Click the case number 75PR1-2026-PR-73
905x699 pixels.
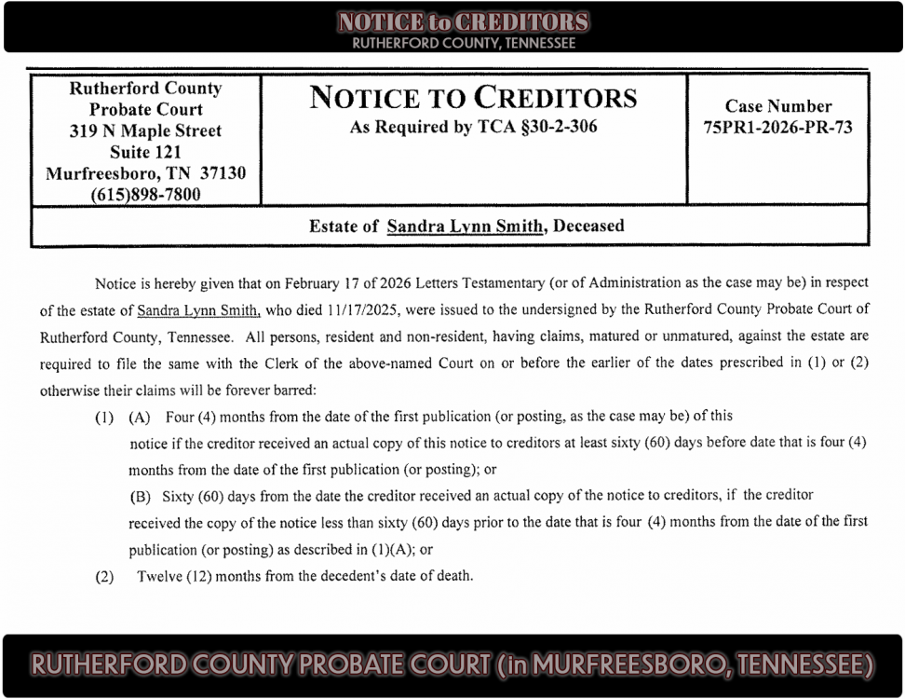coord(777,128)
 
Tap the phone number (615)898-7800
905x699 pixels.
coord(145,194)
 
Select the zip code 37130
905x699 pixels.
coord(223,173)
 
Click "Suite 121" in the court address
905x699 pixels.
coord(145,152)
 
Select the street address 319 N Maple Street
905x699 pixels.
coord(145,130)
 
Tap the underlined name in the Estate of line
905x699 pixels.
coord(465,226)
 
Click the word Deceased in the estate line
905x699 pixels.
coord(588,226)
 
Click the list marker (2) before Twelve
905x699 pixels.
coord(104,576)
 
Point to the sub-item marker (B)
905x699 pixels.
coord(142,496)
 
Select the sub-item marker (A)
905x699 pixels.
coord(142,417)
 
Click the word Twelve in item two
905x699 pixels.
coord(160,576)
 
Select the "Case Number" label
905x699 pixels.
coord(777,106)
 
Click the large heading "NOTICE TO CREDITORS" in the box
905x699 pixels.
coord(473,99)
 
